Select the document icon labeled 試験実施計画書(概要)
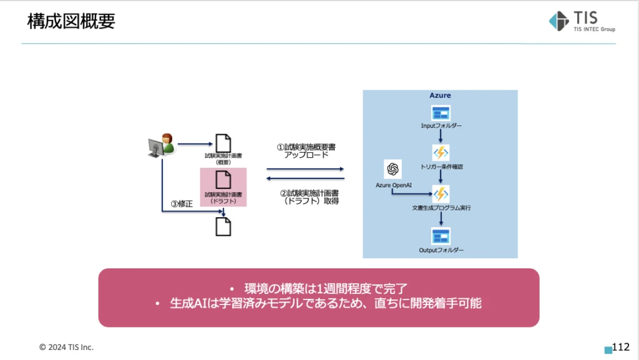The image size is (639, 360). pyautogui.click(x=223, y=143)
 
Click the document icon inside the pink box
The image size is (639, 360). pyautogui.click(x=223, y=180)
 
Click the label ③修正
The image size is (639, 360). pyautogui.click(x=181, y=204)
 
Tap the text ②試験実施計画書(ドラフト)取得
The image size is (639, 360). pyautogui.click(x=306, y=197)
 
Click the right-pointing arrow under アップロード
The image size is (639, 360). pyautogui.click(x=305, y=168)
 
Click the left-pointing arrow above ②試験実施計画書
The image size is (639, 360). pyautogui.click(x=305, y=179)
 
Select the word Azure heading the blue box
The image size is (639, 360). pyautogui.click(x=440, y=95)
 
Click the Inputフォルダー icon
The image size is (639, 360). pyautogui.click(x=441, y=113)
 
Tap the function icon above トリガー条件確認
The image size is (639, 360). pyautogui.click(x=441, y=153)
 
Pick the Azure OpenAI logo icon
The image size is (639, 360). pyautogui.click(x=393, y=169)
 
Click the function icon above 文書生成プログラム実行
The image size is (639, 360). pyautogui.click(x=441, y=193)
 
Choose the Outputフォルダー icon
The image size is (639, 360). pyautogui.click(x=441, y=236)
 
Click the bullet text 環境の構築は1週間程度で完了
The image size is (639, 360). pyautogui.click(x=318, y=289)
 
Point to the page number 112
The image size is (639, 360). pyautogui.click(x=621, y=347)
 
